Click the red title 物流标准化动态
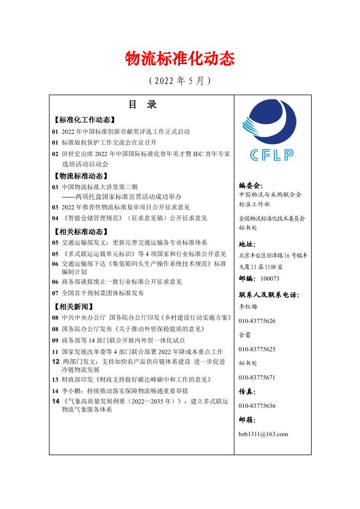click(x=180, y=58)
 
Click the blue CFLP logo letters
click(x=272, y=155)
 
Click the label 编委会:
click(x=251, y=185)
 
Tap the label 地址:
click(x=247, y=245)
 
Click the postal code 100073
click(x=270, y=278)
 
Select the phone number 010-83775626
click(x=257, y=321)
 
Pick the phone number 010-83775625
click(x=257, y=349)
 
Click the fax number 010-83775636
click(x=257, y=406)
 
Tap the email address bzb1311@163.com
click(x=263, y=434)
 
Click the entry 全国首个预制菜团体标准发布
click(x=103, y=293)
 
